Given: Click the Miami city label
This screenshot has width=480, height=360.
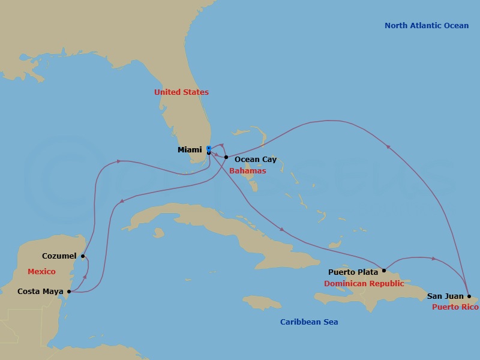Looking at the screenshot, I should tap(190, 149).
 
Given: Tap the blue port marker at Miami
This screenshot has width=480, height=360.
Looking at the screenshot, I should tap(208, 148).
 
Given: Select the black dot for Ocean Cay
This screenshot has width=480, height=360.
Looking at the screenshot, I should tap(226, 157).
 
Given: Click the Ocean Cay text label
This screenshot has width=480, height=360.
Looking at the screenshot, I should tap(256, 160).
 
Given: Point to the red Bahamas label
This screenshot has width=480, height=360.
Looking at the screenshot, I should tap(247, 171).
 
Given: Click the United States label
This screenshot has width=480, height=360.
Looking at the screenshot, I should tap(181, 92).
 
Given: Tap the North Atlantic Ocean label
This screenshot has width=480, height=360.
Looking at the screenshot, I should tap(427, 26).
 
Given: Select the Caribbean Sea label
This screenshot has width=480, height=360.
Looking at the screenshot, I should tap(309, 322).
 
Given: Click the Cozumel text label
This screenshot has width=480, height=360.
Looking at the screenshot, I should tap(59, 256).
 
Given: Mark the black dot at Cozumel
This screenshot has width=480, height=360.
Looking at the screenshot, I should tap(83, 256).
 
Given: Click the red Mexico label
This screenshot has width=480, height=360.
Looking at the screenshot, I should tap(41, 272).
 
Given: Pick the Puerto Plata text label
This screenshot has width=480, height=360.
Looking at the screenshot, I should tap(353, 272).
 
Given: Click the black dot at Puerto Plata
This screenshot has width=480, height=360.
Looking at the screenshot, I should tap(384, 271).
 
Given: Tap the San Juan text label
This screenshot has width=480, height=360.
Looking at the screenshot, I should tap(445, 296).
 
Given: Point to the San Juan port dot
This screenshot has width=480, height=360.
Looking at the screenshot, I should tap(469, 296).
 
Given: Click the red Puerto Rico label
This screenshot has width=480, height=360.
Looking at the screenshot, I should tap(455, 307).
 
